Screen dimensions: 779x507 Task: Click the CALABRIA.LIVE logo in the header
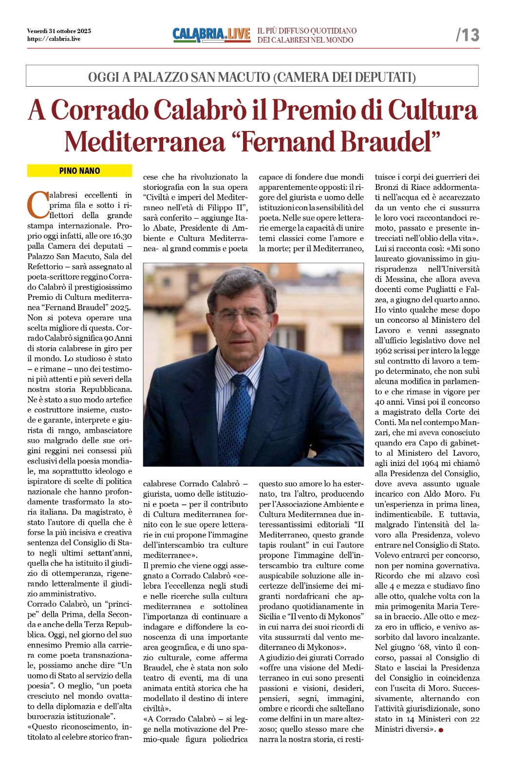[211, 35]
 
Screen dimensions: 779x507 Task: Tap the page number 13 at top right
[468, 35]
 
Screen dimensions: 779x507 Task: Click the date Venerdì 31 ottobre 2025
[59, 31]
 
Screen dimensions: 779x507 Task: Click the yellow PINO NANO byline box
[79, 171]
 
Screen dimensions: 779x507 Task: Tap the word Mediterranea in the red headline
[145, 142]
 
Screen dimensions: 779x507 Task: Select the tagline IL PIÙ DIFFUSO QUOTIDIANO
[307, 31]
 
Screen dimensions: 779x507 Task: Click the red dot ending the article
[441, 730]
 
